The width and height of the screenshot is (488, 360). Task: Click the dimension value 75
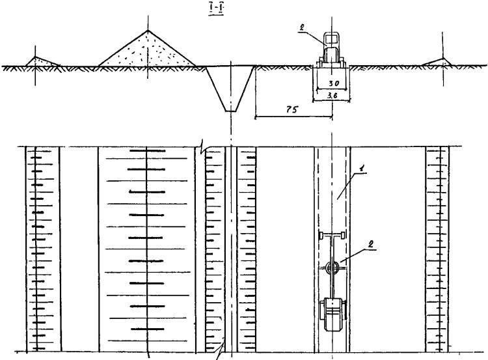(x=291, y=109)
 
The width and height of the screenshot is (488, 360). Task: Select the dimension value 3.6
(x=332, y=96)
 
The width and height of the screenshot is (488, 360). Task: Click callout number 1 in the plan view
(x=361, y=169)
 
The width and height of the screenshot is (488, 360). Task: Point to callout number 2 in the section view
(x=301, y=28)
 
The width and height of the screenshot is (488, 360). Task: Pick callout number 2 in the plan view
(x=370, y=245)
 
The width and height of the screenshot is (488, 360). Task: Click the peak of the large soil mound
(x=148, y=30)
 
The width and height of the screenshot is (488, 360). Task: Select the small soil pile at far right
(x=437, y=62)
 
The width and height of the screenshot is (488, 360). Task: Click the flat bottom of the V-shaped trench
(x=230, y=111)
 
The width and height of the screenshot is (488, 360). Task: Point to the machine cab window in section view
(x=331, y=39)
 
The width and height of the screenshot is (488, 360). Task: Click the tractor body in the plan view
(x=332, y=314)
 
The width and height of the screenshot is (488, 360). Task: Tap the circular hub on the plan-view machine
(x=332, y=267)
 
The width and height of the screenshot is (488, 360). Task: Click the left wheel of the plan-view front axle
(x=321, y=235)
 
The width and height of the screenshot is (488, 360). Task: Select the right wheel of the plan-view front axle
(x=344, y=235)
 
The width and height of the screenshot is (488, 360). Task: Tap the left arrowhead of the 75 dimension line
(x=256, y=117)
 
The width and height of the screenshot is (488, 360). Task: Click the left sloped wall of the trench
(x=216, y=88)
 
